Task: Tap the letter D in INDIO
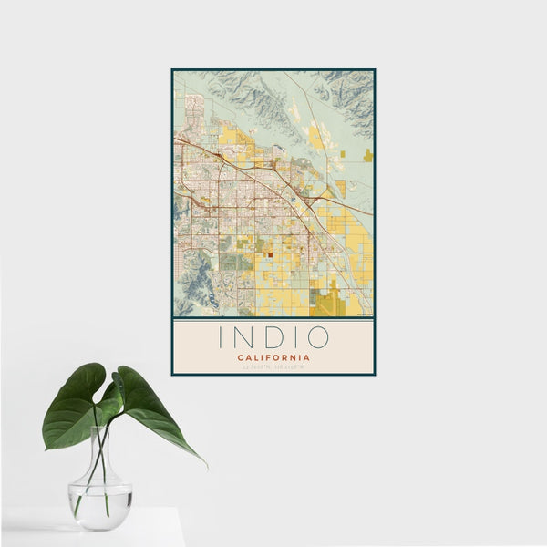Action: click(x=273, y=337)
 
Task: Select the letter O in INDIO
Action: click(x=317, y=337)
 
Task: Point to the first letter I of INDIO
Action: click(x=220, y=337)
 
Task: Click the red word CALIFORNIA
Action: click(x=273, y=357)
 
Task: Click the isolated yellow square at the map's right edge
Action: click(x=367, y=155)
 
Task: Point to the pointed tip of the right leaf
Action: click(x=205, y=464)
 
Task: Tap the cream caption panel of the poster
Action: click(x=273, y=346)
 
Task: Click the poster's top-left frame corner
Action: click(x=172, y=69)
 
